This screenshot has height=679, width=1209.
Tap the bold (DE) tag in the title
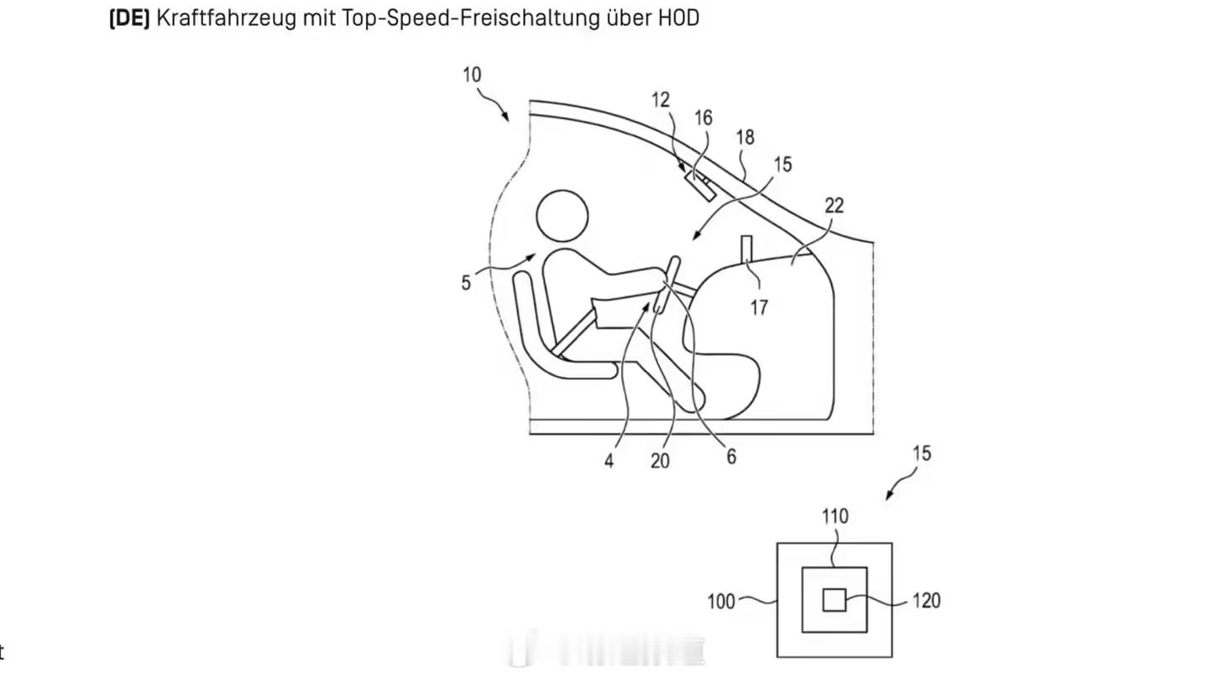click(129, 18)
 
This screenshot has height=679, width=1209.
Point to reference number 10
click(472, 74)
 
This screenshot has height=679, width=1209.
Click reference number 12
click(661, 99)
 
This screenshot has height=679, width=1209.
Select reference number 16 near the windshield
click(703, 118)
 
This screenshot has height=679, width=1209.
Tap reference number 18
click(746, 137)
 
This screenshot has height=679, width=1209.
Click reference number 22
click(834, 205)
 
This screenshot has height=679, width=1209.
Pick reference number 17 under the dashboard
click(759, 307)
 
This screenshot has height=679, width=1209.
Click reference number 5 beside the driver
click(466, 283)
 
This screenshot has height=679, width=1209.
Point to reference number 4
click(609, 461)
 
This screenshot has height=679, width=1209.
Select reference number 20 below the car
click(661, 461)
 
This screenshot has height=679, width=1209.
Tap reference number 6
click(731, 456)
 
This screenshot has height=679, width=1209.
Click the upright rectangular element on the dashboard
click(746, 250)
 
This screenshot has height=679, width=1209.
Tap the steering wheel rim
click(668, 285)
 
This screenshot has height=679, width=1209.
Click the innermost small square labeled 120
click(833, 600)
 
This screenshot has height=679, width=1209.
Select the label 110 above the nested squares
click(835, 516)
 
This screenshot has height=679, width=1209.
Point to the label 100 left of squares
click(721, 601)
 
